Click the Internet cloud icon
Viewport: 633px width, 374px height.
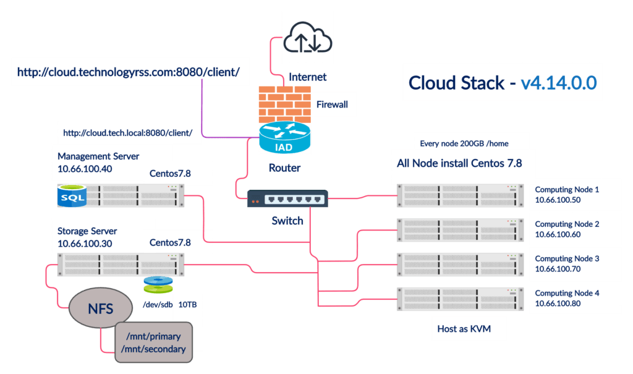point(307,38)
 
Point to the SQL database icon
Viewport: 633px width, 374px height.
point(71,195)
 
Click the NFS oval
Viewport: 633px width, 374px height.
point(100,308)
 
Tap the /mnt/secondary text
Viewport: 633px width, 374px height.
point(155,349)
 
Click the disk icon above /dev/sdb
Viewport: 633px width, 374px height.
point(154,285)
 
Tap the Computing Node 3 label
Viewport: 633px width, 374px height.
point(567,258)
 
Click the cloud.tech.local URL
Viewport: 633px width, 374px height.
point(128,132)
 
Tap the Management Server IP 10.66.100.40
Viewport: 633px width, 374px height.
point(85,169)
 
